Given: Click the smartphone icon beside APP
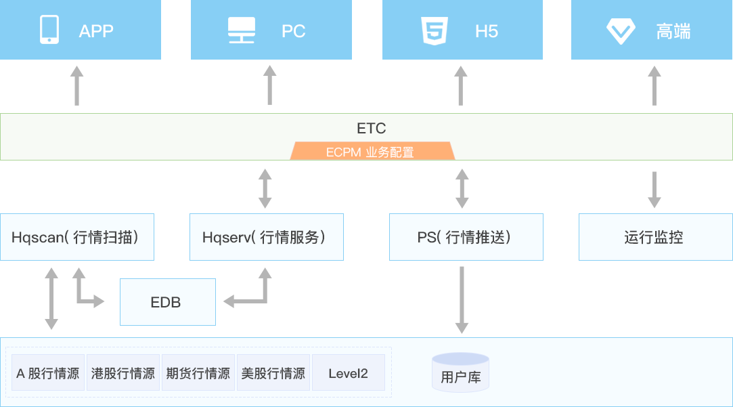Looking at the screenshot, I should click(x=49, y=30).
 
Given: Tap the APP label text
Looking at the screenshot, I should click(x=96, y=31).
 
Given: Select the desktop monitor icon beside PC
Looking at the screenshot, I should click(x=241, y=30).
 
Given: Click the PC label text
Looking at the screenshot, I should click(x=294, y=31).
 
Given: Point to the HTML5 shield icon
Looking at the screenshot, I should click(x=433, y=30).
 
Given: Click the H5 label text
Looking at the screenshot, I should click(x=487, y=31).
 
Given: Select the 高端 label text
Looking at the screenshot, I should click(x=673, y=31).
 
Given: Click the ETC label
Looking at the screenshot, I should click(x=371, y=128).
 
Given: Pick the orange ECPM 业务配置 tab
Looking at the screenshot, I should click(x=372, y=152).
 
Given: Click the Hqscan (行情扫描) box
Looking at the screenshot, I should click(x=76, y=237).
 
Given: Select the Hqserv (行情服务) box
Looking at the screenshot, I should click(x=266, y=237).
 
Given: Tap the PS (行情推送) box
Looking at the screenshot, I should click(x=466, y=237).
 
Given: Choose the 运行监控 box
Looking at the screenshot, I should click(x=654, y=237).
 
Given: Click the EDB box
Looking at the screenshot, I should click(x=167, y=302).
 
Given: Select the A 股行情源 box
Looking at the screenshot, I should click(x=48, y=372).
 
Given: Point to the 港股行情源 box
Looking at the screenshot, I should click(x=123, y=372).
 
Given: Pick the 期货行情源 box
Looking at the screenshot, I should click(x=198, y=372).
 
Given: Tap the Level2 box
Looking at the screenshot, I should click(x=348, y=372).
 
